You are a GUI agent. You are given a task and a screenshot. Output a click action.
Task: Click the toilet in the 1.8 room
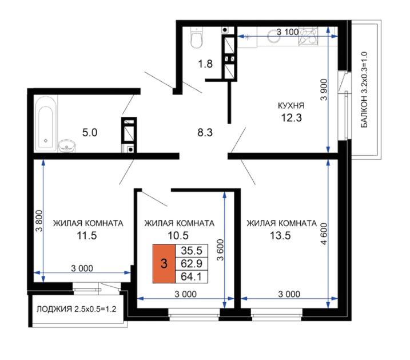[196, 37]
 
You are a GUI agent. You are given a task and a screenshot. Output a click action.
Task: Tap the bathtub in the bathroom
[46, 124]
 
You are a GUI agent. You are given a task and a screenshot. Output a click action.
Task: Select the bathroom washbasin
[67, 146]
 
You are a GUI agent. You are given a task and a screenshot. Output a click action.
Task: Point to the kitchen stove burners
[308, 36]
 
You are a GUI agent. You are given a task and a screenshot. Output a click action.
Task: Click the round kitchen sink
[274, 36]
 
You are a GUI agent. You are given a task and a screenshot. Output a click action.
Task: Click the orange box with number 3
[164, 264]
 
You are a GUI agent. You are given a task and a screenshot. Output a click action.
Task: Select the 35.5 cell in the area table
[192, 251]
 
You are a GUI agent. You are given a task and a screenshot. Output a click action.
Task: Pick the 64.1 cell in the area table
[192, 277]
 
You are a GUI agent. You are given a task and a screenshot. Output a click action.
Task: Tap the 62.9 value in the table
[192, 264]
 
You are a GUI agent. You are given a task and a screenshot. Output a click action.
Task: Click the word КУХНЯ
[291, 106]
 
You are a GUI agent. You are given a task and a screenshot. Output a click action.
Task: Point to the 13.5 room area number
[280, 236]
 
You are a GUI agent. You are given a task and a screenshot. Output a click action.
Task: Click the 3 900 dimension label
[324, 90]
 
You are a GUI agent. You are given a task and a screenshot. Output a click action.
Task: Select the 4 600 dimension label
[324, 234]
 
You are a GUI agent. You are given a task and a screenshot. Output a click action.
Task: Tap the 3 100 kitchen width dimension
[288, 32]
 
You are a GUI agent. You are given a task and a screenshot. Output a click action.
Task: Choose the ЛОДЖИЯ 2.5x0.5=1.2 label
[77, 309]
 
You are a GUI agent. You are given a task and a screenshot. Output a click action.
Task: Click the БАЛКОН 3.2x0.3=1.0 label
[364, 90]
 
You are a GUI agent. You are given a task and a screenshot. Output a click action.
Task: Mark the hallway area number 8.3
[205, 133]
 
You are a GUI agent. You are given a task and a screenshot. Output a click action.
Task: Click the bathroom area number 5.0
[90, 133]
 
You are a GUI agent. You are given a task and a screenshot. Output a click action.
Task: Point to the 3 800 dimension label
[39, 221]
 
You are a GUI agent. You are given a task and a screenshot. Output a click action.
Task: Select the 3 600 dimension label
[220, 250]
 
